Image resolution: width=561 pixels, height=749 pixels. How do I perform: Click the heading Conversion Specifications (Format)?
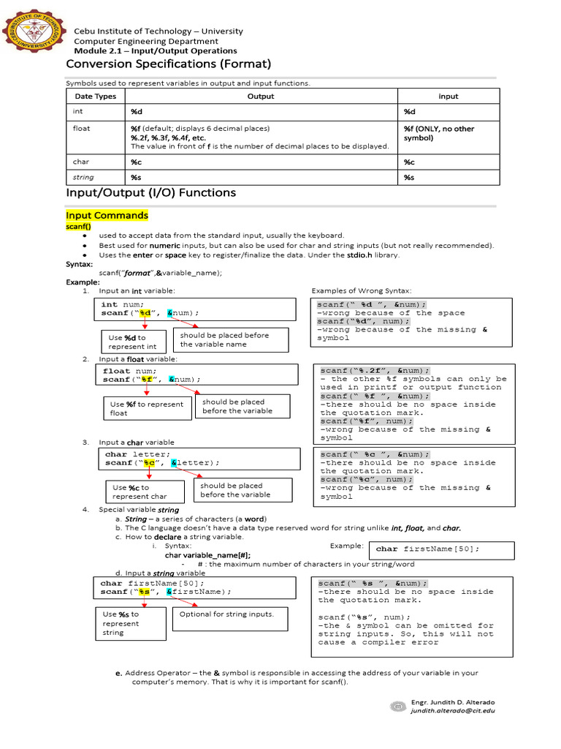pyautogui.click(x=168, y=64)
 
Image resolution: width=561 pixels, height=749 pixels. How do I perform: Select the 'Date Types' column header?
pyautogui.click(x=95, y=97)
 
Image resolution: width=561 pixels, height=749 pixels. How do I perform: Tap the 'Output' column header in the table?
pyautogui.click(x=261, y=97)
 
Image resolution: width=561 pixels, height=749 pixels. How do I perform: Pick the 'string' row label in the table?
pyautogui.click(x=84, y=178)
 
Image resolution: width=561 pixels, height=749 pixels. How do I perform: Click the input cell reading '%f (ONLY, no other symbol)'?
pyautogui.click(x=438, y=133)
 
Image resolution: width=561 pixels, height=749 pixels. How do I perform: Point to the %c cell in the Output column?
pyautogui.click(x=137, y=162)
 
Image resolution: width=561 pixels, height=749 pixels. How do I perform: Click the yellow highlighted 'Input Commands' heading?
pyautogui.click(x=107, y=216)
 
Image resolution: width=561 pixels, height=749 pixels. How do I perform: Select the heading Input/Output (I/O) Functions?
pyautogui.click(x=150, y=193)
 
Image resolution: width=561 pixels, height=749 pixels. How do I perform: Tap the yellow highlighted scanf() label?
pyautogui.click(x=78, y=227)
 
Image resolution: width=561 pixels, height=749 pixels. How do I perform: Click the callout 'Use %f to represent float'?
pyautogui.click(x=147, y=408)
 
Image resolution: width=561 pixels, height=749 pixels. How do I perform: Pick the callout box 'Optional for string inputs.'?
pyautogui.click(x=226, y=614)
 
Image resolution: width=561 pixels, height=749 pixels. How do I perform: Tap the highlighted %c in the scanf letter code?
pyautogui.click(x=149, y=463)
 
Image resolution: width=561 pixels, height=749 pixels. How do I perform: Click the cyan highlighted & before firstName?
pyautogui.click(x=169, y=592)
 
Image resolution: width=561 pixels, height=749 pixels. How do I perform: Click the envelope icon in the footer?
pyautogui.click(x=398, y=707)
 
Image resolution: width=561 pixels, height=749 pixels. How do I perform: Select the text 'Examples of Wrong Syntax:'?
pyautogui.click(x=362, y=291)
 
